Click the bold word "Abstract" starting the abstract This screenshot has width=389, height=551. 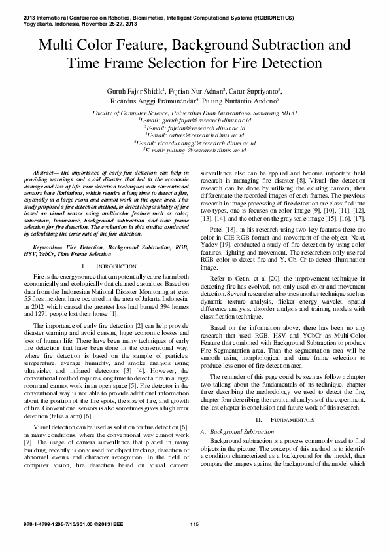tap(44, 171)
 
